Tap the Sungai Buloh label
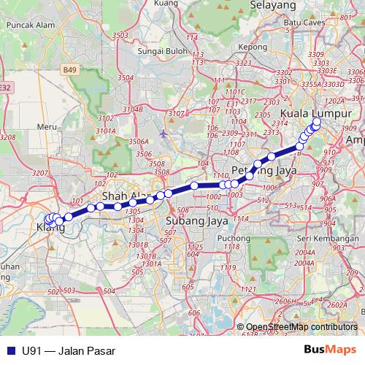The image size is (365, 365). pos(139,53)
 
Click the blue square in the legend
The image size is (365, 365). pos(10,350)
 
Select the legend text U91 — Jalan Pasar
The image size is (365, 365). pos(69,350)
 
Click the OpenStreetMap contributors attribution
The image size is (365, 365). pos(301,328)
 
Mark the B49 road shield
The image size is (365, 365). pos(69,69)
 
